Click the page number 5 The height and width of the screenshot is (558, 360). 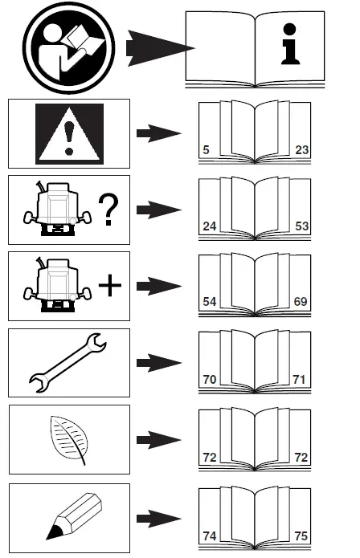(x=206, y=150)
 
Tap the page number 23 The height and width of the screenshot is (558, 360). (x=301, y=150)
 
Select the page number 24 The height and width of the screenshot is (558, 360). (x=210, y=226)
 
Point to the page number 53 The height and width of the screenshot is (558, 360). (x=301, y=226)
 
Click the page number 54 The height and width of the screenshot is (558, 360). (x=210, y=302)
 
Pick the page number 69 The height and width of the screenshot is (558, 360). (x=301, y=302)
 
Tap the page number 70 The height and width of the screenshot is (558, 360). (x=210, y=379)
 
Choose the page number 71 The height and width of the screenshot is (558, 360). (x=299, y=379)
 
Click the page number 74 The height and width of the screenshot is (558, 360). (x=210, y=536)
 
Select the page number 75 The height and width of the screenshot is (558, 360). (x=301, y=536)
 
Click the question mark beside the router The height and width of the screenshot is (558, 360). (x=108, y=210)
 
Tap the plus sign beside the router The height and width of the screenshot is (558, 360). (x=109, y=285)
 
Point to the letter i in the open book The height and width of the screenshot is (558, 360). (x=290, y=44)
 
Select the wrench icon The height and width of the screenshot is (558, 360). (x=67, y=363)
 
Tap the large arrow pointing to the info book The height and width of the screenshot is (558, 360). (x=161, y=48)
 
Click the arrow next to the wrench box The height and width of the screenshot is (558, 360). (x=159, y=363)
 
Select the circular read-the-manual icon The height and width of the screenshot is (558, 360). (x=69, y=47)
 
